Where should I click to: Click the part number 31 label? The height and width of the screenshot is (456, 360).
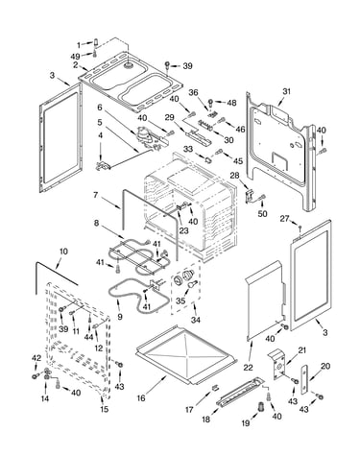click(x=286, y=91)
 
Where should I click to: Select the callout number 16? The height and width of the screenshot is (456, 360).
click(x=141, y=398)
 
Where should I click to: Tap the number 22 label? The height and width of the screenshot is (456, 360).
click(x=248, y=368)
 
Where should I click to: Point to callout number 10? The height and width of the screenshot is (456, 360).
click(x=63, y=252)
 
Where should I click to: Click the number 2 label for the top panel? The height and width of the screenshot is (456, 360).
click(x=76, y=65)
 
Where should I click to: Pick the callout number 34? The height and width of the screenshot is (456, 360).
click(x=196, y=320)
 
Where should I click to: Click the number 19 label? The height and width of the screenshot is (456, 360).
click(x=246, y=423)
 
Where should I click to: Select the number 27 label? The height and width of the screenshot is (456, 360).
click(x=284, y=219)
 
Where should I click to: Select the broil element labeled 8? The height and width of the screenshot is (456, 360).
click(x=141, y=256)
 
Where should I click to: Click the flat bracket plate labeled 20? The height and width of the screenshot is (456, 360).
click(x=304, y=379)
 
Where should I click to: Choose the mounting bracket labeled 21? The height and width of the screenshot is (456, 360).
click(x=278, y=364)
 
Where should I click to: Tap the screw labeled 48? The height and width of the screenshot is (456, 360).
click(x=211, y=103)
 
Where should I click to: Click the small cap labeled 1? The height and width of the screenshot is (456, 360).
click(x=95, y=42)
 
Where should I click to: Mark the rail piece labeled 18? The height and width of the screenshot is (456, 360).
click(x=240, y=392)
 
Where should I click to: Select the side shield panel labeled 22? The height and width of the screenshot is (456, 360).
click(x=264, y=300)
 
